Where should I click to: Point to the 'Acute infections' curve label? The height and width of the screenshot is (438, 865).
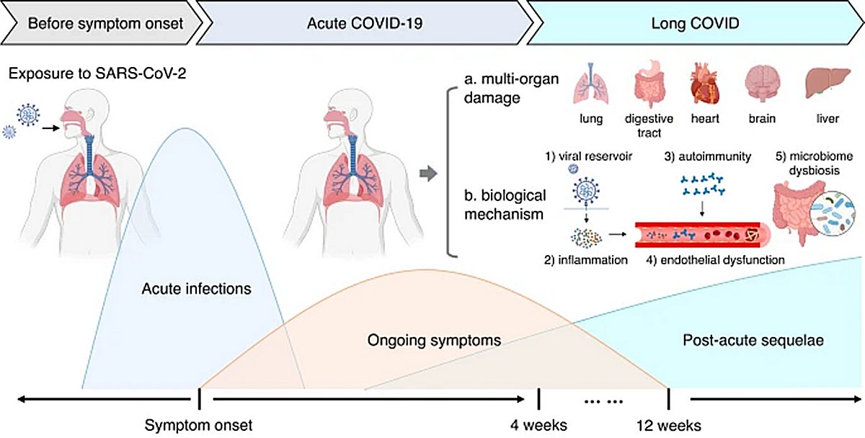coord(196,290)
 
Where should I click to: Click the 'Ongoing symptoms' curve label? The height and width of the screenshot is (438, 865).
coord(434,339)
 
